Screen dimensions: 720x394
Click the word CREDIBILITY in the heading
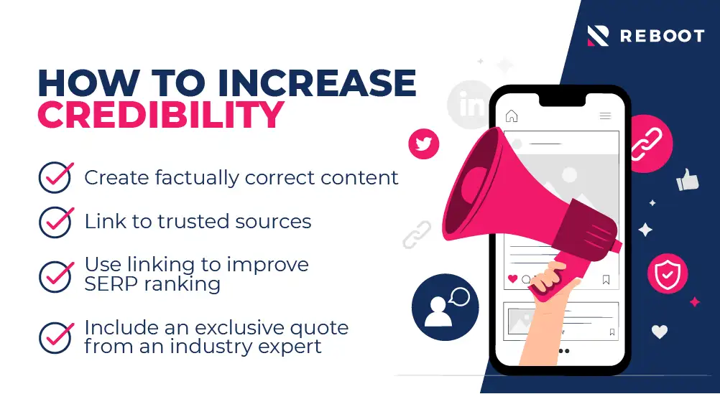coord(160,115)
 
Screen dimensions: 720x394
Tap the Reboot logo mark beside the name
coord(599,36)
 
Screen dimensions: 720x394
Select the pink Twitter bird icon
coord(423,144)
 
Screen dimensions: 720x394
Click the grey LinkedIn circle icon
coord(469,105)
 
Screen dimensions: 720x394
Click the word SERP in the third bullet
coord(110,284)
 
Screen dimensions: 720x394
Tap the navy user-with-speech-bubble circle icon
coord(445,307)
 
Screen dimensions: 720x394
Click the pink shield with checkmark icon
coord(668,274)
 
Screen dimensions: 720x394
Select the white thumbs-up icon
coord(688,179)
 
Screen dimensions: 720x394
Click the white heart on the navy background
coord(660,331)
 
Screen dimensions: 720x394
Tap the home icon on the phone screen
coord(512,116)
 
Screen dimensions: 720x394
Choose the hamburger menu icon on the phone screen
coord(605,116)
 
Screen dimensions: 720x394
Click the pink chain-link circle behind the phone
coord(648,144)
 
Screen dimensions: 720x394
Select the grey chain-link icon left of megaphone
coord(417,235)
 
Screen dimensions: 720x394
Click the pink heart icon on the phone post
coord(512,278)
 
